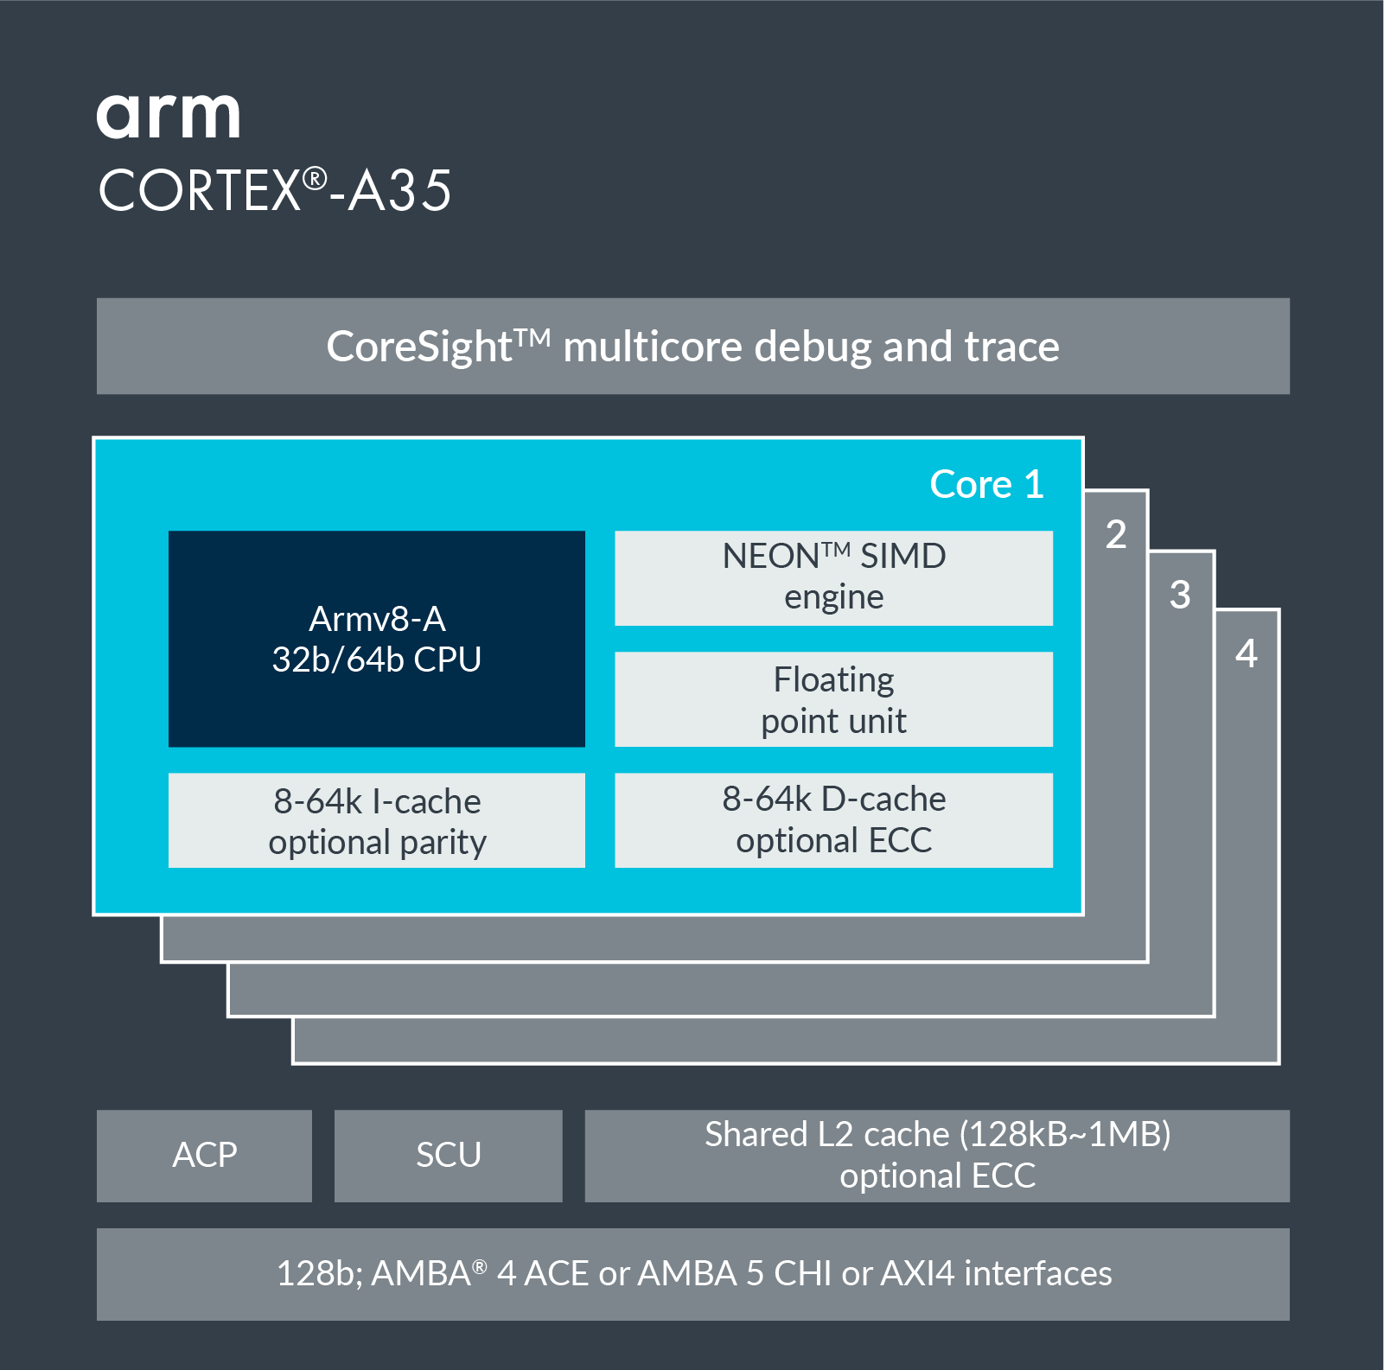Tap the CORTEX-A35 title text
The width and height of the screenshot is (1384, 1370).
pos(275,191)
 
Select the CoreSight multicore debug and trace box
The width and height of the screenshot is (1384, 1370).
pos(692,347)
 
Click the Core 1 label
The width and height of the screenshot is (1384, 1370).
pos(986,484)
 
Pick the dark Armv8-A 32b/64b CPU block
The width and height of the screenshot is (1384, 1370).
pos(376,639)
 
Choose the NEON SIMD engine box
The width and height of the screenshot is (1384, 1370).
pos(833,577)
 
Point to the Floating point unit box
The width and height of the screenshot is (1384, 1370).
pos(833,699)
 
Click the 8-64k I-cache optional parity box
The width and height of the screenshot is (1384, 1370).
pos(376,820)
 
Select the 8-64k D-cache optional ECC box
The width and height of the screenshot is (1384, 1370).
pos(833,819)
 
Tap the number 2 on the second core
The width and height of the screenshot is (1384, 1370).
pos(1116,534)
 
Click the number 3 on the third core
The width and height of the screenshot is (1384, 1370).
pos(1180,595)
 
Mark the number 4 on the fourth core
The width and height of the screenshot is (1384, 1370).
pos(1246,653)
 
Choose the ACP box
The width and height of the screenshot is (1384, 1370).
pos(204,1156)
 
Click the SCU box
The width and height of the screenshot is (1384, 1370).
pos(448,1156)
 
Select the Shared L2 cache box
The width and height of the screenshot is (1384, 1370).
pos(937,1156)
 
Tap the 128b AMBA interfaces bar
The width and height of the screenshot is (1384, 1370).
pos(692,1274)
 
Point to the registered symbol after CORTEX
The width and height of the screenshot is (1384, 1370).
pos(315,179)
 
